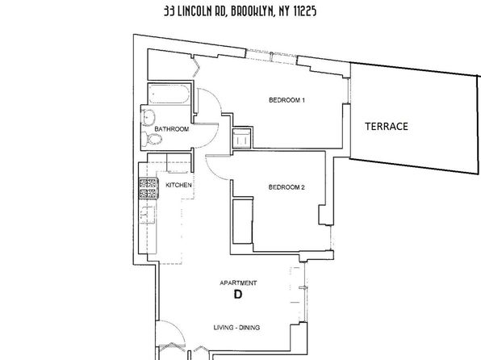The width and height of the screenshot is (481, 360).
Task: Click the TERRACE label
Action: pos(387,127)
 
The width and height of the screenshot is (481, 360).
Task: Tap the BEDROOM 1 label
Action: pos(287,100)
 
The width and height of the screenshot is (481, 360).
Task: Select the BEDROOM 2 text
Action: pos(287,187)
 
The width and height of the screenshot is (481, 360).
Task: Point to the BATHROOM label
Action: pos(171,129)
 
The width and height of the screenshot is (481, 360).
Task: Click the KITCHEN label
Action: pos(178,185)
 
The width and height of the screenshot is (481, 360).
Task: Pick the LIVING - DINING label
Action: pos(236,328)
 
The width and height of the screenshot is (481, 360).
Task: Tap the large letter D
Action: pos(238,295)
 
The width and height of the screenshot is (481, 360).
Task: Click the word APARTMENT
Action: pos(238,283)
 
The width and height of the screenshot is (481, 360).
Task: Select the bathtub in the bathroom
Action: pos(169,94)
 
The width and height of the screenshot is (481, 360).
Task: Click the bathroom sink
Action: pos(148,118)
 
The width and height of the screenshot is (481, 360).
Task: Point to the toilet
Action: pos(153,140)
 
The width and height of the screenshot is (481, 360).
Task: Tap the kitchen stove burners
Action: pos(148,188)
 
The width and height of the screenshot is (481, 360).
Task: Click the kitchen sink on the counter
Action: pos(148,215)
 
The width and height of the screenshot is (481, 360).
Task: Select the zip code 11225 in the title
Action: pos(305,11)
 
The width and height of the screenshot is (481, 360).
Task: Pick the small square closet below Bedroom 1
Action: pos(242,138)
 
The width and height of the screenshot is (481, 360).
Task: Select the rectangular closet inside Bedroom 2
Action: pos(243,221)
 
